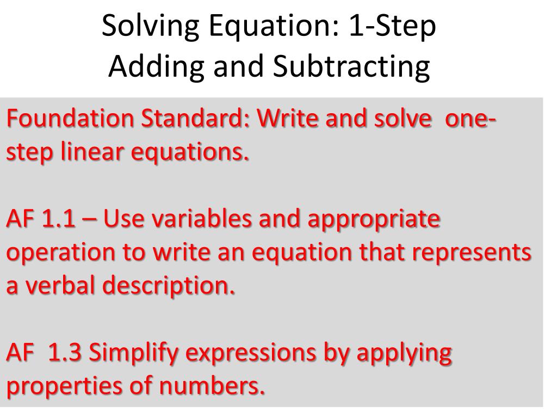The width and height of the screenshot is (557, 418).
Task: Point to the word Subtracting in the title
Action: click(351, 66)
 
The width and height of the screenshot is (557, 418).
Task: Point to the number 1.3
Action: click(66, 353)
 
